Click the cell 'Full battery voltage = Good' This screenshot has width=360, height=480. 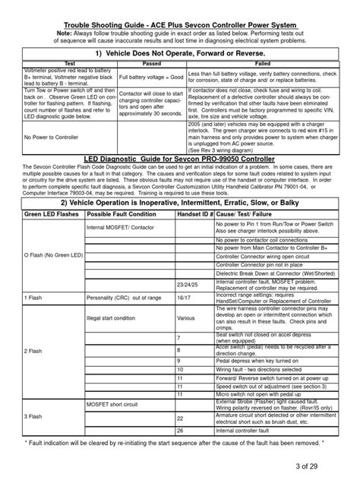141,77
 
